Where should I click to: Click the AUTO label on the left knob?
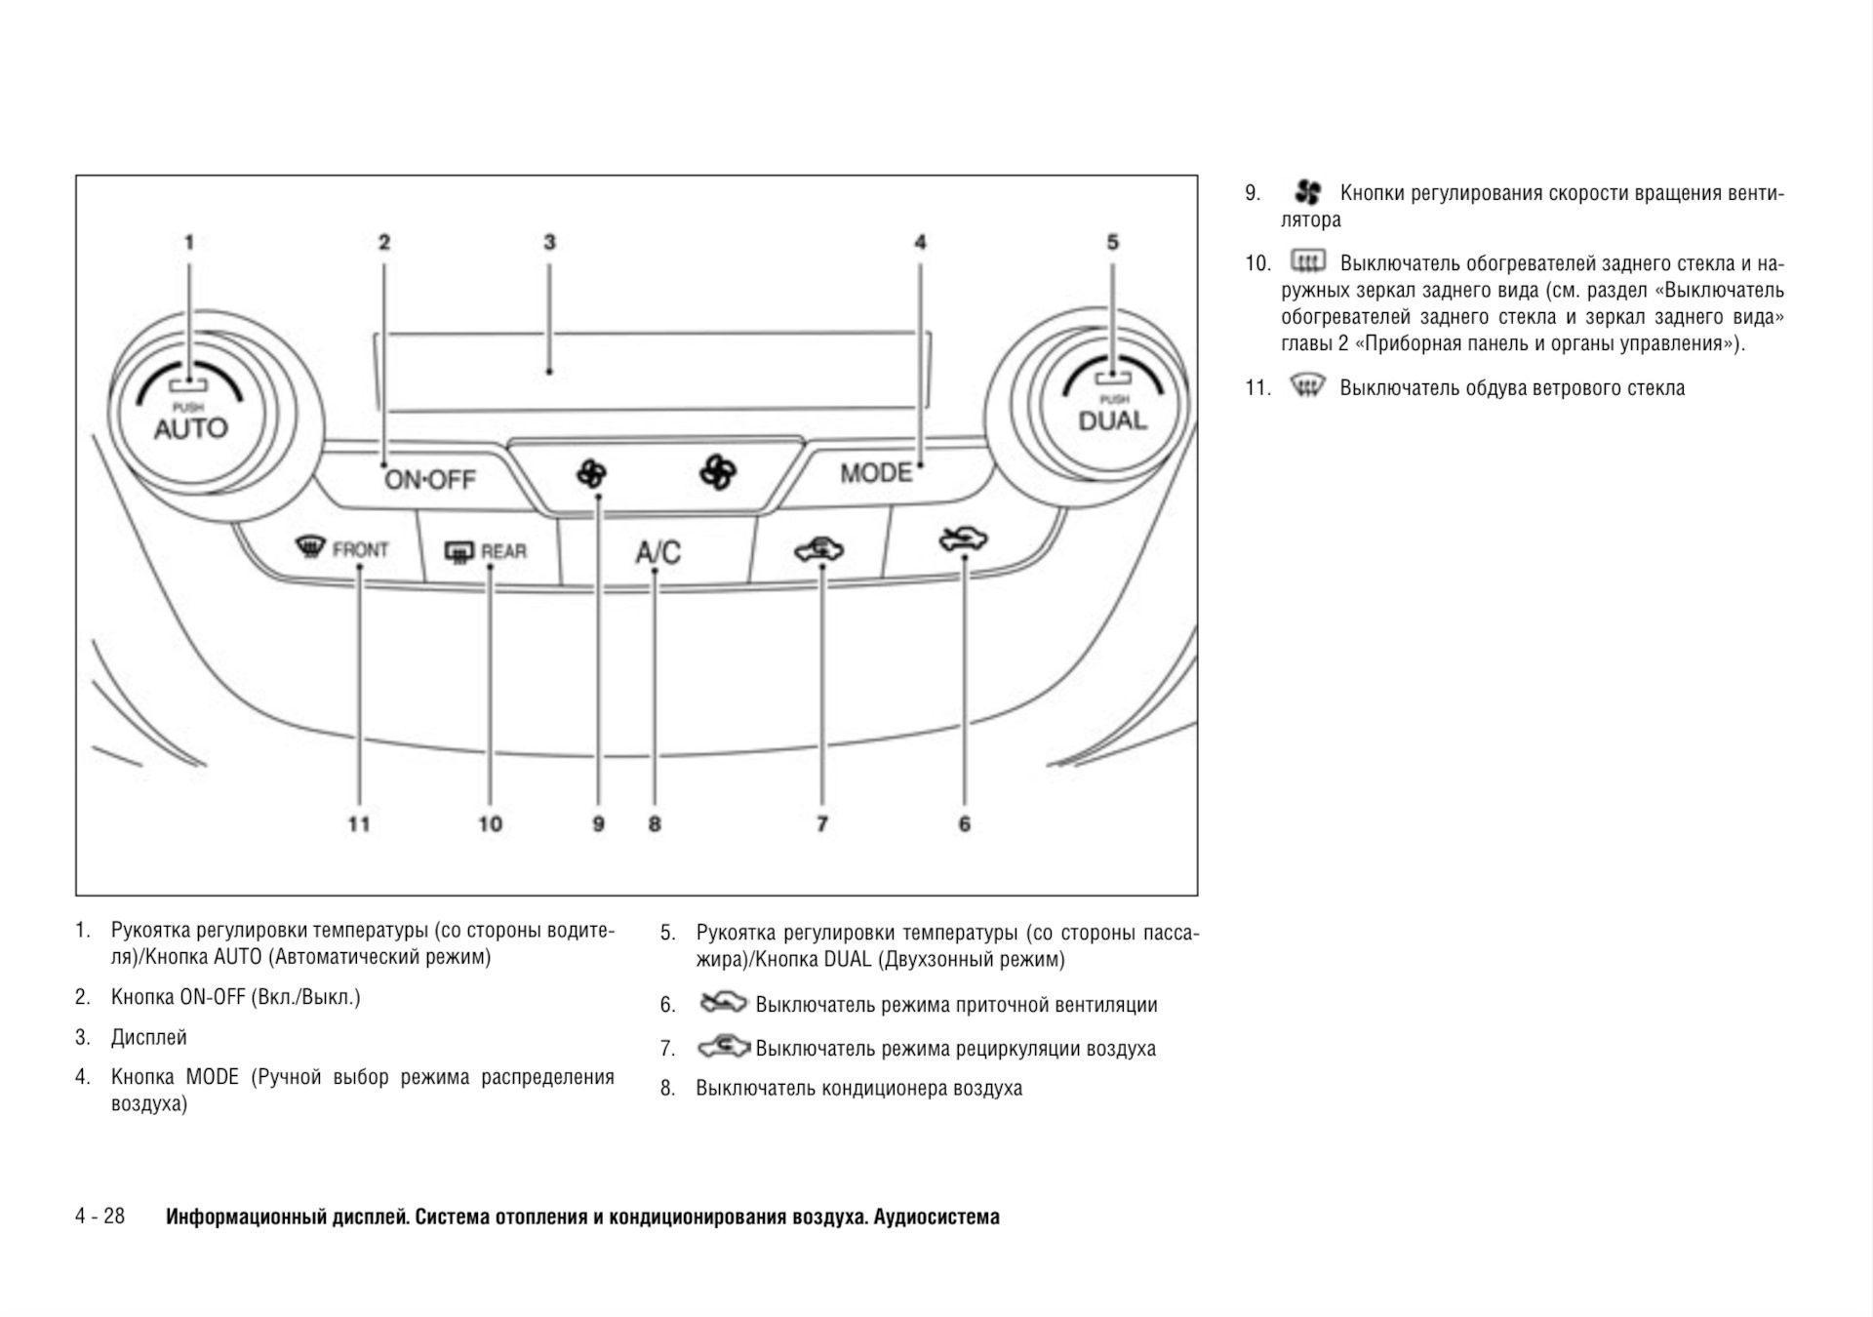click(x=190, y=428)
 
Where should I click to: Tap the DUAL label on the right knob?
click(x=1112, y=421)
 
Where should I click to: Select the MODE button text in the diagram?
click(x=876, y=473)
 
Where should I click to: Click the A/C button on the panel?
click(x=658, y=552)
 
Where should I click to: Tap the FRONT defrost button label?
click(x=360, y=550)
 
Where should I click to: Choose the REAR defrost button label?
click(x=503, y=552)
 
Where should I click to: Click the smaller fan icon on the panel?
click(x=591, y=474)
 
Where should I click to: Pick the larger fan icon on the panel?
click(x=718, y=472)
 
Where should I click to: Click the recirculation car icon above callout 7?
click(x=819, y=550)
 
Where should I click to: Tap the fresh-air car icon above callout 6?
click(x=963, y=539)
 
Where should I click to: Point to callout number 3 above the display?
click(x=549, y=242)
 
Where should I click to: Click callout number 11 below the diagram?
click(x=359, y=824)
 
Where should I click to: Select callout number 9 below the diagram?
click(x=598, y=824)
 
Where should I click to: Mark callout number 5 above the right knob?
click(x=1112, y=242)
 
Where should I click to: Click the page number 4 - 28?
click(x=100, y=1216)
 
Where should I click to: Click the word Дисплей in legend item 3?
click(x=148, y=1037)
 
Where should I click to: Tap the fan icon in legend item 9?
click(x=1307, y=192)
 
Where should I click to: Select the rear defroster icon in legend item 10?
click(x=1307, y=261)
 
